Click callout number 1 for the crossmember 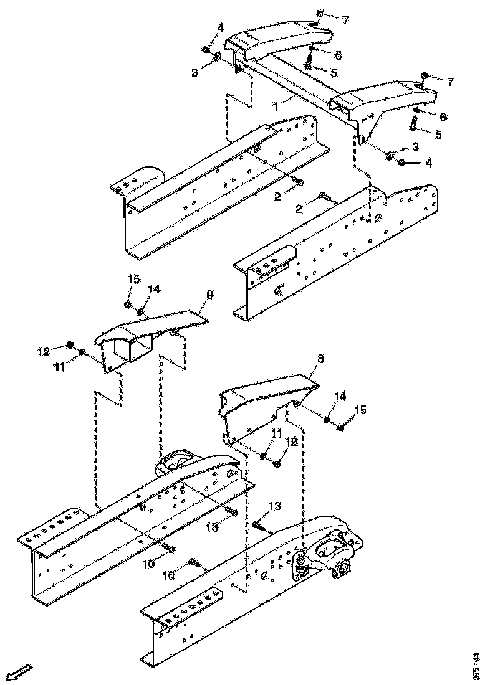click(276, 106)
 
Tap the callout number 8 click(320, 359)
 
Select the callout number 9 click(209, 296)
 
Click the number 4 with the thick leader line click(429, 163)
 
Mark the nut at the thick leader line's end click(402, 163)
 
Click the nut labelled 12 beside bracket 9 click(70, 346)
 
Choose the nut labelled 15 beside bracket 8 click(340, 427)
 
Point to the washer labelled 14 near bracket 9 click(140, 312)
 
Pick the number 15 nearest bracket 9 click(134, 279)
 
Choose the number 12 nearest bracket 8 click(292, 442)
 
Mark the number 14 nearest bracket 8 click(340, 396)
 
